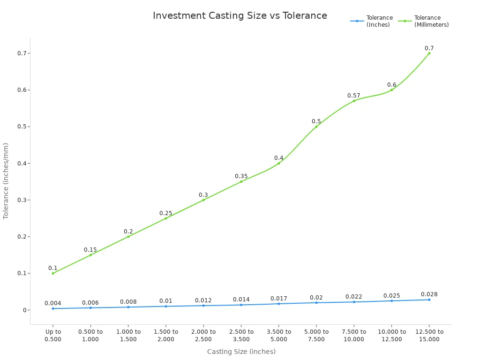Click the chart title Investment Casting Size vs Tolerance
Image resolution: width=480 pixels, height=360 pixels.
pyautogui.click(x=240, y=15)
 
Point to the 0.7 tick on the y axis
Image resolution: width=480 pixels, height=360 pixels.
pyautogui.click(x=22, y=53)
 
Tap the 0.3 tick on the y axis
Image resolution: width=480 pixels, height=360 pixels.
pyautogui.click(x=22, y=200)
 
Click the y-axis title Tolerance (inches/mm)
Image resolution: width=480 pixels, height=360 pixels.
pyautogui.click(x=6, y=181)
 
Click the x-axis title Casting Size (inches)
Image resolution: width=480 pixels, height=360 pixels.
pyautogui.click(x=241, y=352)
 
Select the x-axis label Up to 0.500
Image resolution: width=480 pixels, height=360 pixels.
pyautogui.click(x=53, y=336)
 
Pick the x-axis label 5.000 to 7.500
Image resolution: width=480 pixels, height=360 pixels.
pyautogui.click(x=316, y=336)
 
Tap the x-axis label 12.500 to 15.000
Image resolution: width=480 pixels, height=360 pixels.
pyautogui.click(x=429, y=336)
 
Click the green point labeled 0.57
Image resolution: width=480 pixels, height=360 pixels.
pyautogui.click(x=354, y=101)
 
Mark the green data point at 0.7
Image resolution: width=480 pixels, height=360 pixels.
pyautogui.click(x=429, y=53)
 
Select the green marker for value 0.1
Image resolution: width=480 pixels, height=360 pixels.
pyautogui.click(x=53, y=273)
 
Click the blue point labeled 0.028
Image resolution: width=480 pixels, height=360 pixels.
pyautogui.click(x=429, y=300)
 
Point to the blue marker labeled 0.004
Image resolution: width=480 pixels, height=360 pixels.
pyautogui.click(x=53, y=308)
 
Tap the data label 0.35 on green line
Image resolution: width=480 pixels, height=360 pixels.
pyautogui.click(x=241, y=176)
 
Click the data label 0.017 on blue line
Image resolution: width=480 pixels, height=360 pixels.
pyautogui.click(x=278, y=299)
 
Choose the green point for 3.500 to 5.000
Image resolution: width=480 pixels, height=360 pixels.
pyautogui.click(x=278, y=163)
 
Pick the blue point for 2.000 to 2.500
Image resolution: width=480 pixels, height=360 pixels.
pyautogui.click(x=203, y=306)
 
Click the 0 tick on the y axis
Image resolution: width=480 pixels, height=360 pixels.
pyautogui.click(x=22, y=310)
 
